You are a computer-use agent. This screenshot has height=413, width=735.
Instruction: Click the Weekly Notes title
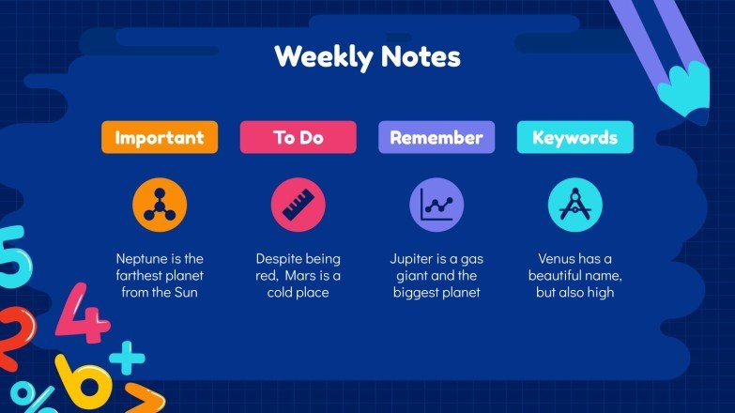[367, 57]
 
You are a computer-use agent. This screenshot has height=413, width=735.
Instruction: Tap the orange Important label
[159, 137]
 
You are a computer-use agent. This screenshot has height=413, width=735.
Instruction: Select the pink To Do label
[298, 137]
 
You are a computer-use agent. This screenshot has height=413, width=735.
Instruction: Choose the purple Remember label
[436, 137]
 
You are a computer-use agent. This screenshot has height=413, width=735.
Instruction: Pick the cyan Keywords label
[574, 137]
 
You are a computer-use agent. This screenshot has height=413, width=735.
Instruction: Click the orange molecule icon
[160, 204]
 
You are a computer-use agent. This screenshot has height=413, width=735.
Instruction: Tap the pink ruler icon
[298, 204]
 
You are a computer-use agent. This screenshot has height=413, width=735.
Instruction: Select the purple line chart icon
[436, 204]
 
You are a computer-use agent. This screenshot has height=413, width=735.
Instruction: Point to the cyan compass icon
[574, 204]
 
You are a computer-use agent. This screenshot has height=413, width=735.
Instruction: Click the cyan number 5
[11, 255]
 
